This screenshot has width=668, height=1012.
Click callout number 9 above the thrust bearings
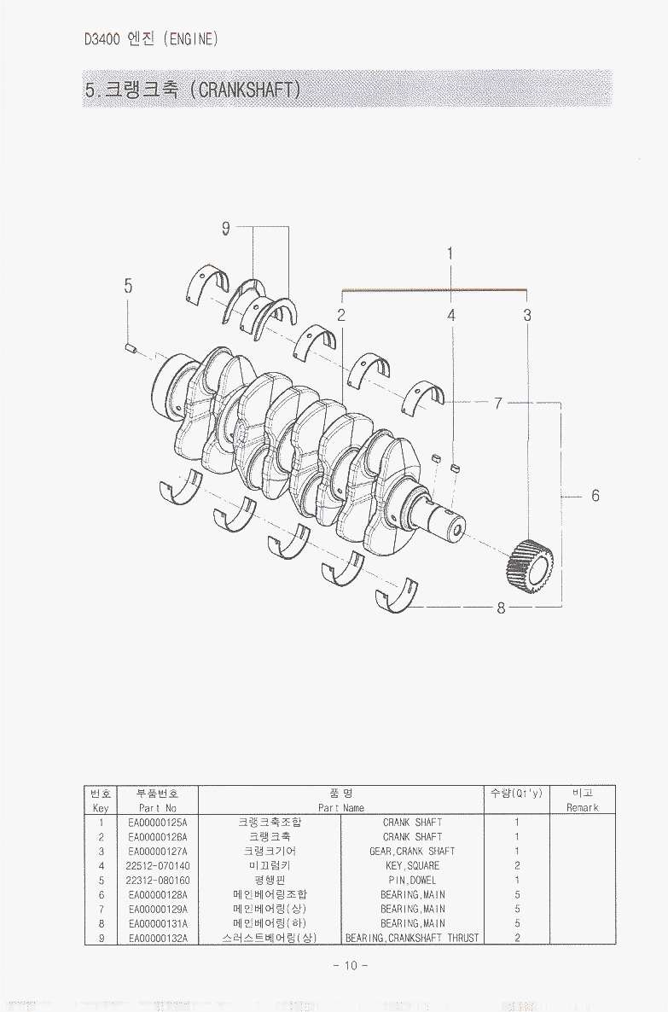225,228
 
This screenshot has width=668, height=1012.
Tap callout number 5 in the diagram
129,285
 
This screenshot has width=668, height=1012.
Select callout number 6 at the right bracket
595,495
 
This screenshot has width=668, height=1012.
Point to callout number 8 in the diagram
501,608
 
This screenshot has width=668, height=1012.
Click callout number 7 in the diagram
498,404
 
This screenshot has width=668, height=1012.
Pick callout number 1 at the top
450,253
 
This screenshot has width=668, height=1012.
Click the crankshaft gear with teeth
530,566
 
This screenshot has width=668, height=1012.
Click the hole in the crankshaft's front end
457,531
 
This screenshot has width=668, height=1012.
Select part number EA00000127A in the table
158,852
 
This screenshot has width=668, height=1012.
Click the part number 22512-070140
158,865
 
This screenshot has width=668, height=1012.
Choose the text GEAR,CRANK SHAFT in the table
412,852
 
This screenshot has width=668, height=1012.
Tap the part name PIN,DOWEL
412,880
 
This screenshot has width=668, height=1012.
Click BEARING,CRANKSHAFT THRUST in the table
412,938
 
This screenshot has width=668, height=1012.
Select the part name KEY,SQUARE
412,865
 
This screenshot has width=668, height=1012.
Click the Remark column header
582,807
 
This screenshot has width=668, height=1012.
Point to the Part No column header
158,807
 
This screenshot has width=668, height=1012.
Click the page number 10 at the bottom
351,966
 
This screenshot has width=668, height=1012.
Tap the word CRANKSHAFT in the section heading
245,89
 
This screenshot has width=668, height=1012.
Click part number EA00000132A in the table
158,938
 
